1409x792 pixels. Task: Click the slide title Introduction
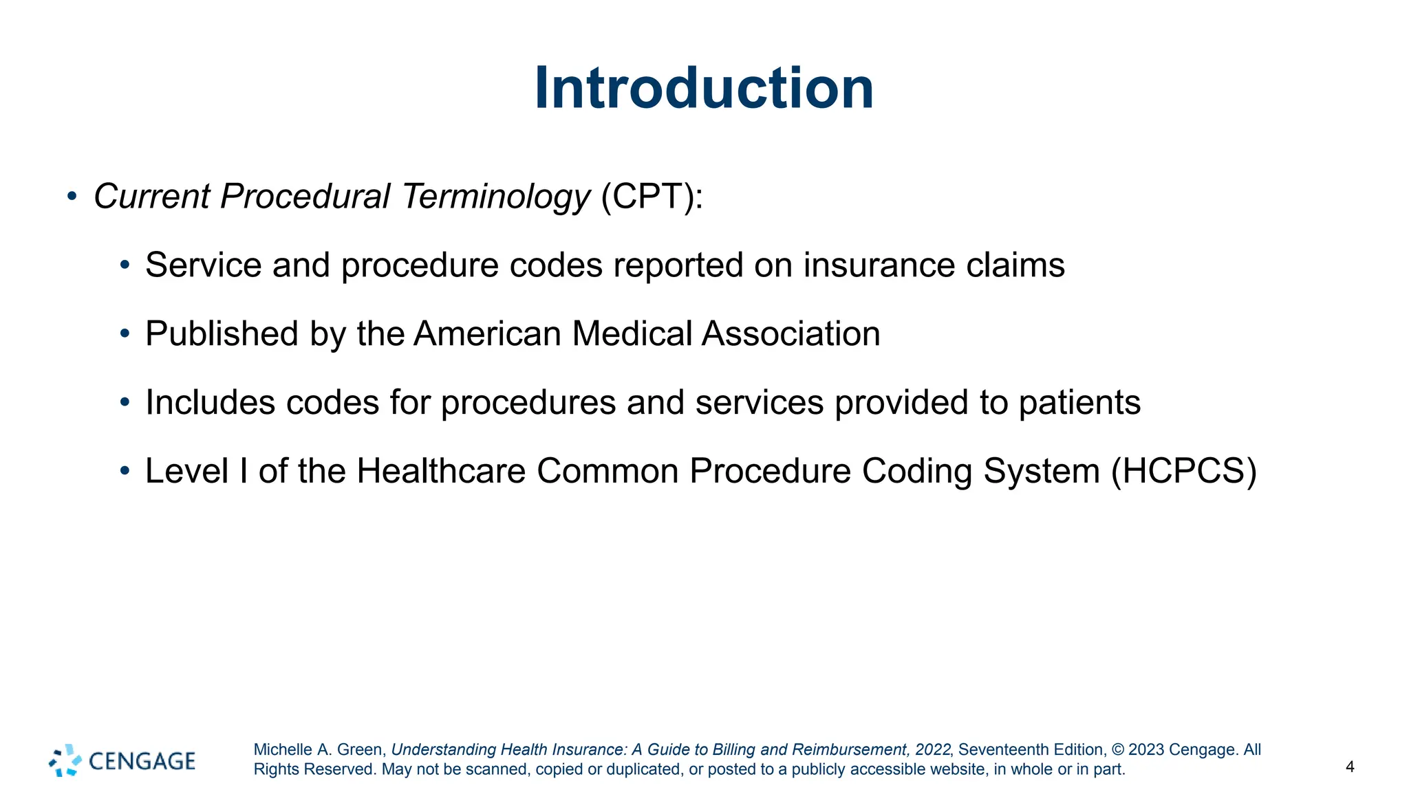[x=704, y=88]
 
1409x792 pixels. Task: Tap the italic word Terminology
[x=495, y=197]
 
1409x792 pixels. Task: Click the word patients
[x=1079, y=403]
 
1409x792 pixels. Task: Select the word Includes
[x=211, y=403]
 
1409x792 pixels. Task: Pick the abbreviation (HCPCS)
[x=1183, y=472]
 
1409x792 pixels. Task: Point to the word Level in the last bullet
[x=186, y=472]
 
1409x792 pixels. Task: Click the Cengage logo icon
[x=65, y=760]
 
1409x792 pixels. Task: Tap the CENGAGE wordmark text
[x=142, y=761]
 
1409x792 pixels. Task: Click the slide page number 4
[x=1350, y=767]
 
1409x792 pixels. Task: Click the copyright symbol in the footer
[x=1117, y=750]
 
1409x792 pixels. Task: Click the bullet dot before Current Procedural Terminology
[x=72, y=197]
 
